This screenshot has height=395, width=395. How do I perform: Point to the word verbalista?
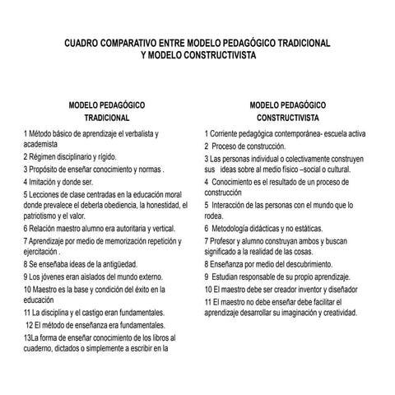[137, 133]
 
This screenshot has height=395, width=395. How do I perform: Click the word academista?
[40, 143]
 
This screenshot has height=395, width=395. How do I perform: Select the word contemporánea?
[300, 133]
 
